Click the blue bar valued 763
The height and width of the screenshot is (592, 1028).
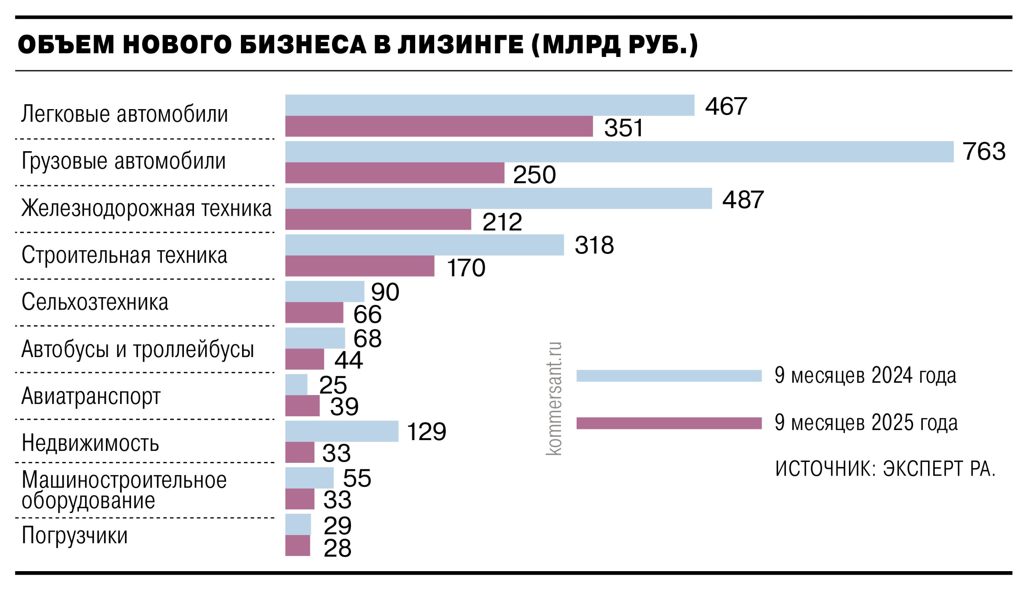[618, 152]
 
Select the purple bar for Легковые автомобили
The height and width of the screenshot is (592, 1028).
[439, 126]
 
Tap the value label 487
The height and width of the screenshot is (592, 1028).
[743, 200]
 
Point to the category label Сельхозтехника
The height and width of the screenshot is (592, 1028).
[95, 302]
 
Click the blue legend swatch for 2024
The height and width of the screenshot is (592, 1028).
[669, 376]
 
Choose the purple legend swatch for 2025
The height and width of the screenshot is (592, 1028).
[669, 423]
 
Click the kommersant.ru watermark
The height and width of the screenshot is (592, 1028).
[553, 398]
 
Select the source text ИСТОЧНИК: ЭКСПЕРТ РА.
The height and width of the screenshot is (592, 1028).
[885, 468]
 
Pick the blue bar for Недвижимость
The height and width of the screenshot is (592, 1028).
[341, 431]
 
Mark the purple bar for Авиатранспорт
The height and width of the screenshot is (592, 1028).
[302, 406]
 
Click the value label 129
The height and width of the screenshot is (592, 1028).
[426, 432]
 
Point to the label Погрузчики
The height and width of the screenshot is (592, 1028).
[74, 535]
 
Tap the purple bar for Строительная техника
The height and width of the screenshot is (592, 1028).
[359, 266]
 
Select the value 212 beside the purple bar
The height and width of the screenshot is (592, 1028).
[502, 222]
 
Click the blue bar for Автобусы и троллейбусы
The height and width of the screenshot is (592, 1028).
[315, 338]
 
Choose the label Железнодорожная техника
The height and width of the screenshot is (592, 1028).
[147, 208]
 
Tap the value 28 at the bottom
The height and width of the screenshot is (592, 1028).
[337, 548]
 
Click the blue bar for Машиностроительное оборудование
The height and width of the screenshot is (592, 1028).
[309, 478]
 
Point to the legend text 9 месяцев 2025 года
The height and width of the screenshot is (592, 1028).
[866, 423]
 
